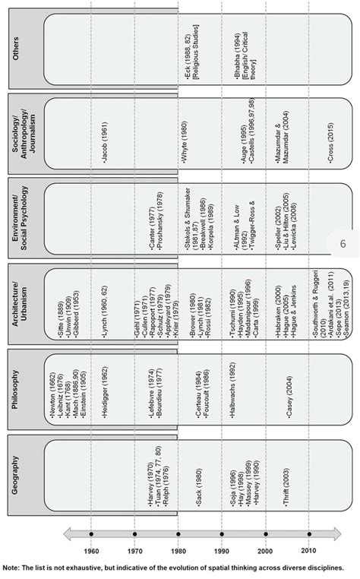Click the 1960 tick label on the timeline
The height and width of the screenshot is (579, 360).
pyautogui.click(x=91, y=550)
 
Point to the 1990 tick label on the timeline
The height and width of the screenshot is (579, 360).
pyautogui.click(x=222, y=550)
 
